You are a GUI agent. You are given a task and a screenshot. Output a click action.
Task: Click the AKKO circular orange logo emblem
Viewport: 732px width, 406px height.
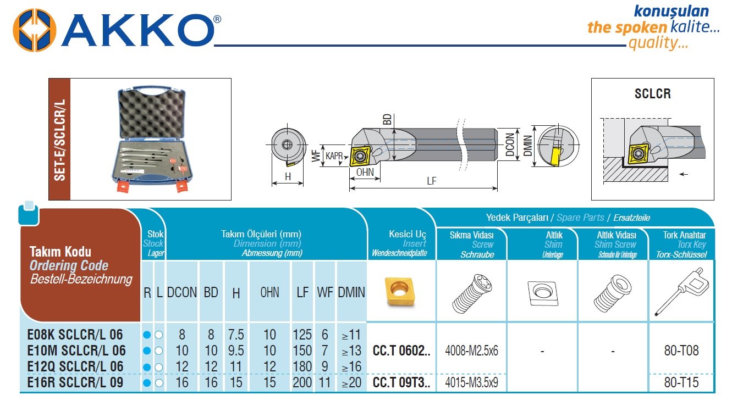tap(34, 30)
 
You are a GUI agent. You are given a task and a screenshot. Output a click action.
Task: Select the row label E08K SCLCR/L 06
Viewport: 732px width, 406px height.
tap(75, 335)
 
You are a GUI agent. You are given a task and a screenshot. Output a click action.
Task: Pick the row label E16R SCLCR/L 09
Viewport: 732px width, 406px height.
tap(75, 382)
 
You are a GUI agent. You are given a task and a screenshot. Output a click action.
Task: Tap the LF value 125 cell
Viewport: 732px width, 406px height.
tap(302, 335)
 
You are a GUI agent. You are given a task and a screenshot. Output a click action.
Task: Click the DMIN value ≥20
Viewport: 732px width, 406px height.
tap(351, 382)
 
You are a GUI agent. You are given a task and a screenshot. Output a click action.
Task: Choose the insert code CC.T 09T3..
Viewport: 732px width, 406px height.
tap(401, 382)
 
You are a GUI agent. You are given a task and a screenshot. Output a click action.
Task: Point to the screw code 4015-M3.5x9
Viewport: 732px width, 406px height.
tap(471, 382)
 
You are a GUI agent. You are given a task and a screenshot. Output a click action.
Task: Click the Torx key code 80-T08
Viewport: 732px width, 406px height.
tap(681, 351)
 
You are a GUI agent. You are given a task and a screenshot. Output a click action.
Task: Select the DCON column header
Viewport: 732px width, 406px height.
tap(181, 292)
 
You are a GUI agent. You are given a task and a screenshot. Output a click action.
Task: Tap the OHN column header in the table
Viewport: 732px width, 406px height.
tap(269, 292)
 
